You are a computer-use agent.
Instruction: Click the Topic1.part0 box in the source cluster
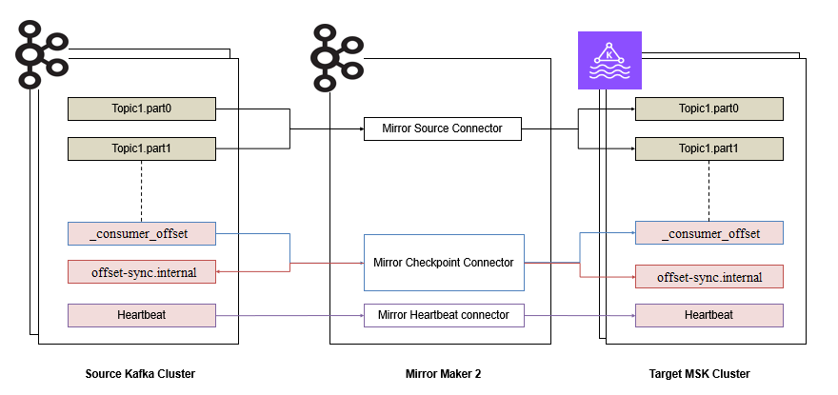pos(142,109)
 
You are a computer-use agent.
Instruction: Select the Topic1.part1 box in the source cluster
pos(142,149)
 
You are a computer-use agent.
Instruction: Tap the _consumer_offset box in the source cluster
pos(142,233)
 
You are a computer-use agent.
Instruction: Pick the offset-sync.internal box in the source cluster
pos(142,272)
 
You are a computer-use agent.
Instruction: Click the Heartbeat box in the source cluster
pos(142,315)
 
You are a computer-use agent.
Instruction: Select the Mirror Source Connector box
pos(442,128)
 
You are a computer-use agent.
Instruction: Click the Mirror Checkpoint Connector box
pos(444,263)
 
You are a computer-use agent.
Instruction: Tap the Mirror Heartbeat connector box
pos(444,315)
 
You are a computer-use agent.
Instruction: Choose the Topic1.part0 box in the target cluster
pos(708,109)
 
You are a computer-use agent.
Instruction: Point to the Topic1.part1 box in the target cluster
pos(708,149)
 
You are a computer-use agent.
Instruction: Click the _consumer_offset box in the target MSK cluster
pos(708,233)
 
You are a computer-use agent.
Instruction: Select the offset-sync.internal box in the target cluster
pos(708,277)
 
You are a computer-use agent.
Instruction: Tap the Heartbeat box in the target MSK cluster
pos(708,315)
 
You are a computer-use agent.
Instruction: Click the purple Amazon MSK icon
pos(609,60)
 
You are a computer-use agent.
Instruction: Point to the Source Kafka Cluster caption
pos(140,374)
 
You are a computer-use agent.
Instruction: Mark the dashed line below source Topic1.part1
pos(142,190)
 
